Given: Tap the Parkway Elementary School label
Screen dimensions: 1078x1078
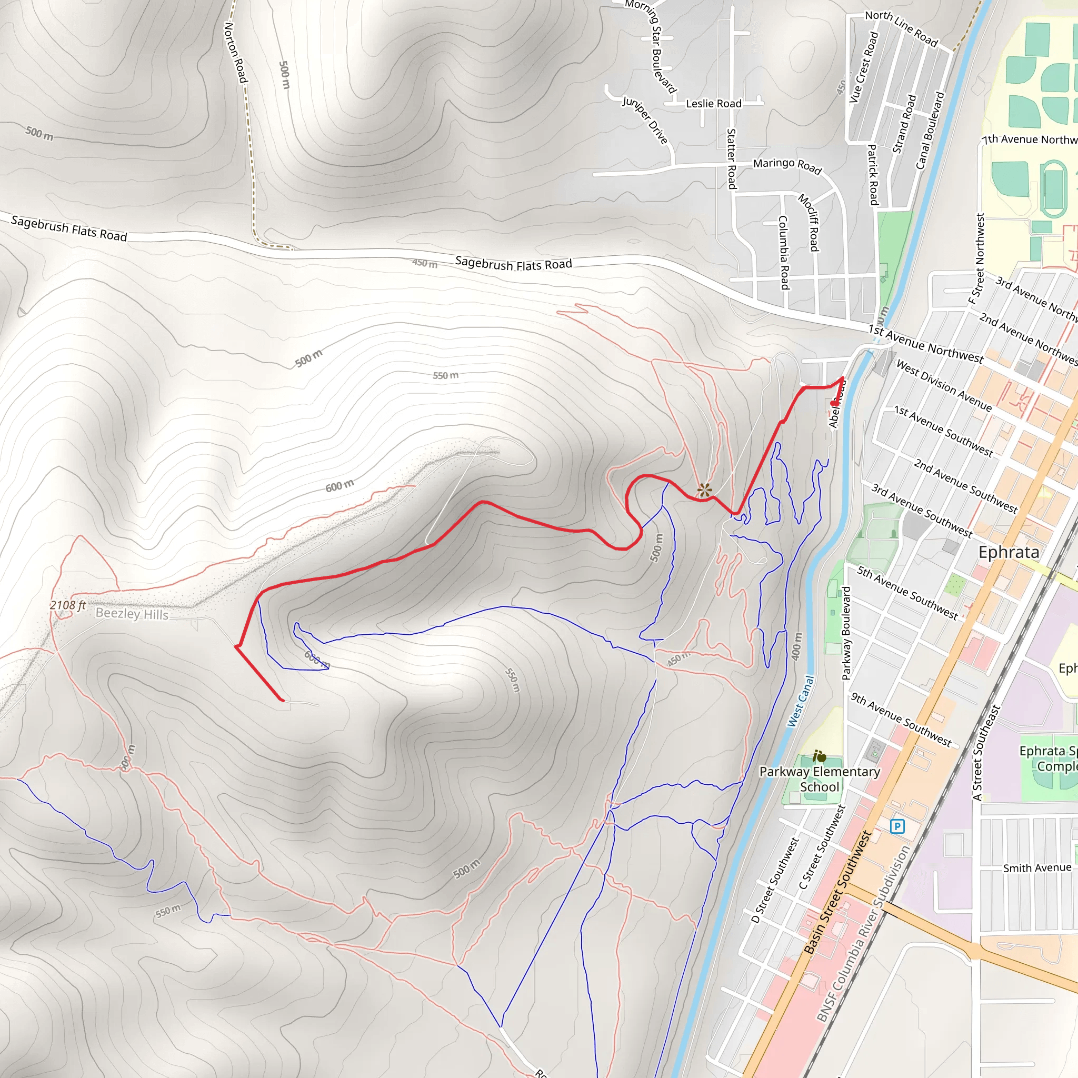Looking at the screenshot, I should [819, 779].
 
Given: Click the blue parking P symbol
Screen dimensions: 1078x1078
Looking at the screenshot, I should [896, 826].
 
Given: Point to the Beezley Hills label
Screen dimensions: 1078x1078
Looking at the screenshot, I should [132, 614].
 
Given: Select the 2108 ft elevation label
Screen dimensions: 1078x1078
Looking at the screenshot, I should [67, 605].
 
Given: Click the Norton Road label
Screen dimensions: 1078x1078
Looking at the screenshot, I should [235, 53].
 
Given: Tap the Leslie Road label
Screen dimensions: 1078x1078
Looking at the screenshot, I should [713, 104].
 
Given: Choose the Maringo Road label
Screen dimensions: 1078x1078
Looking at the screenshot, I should [787, 165].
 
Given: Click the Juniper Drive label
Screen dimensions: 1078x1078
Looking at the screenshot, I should [645, 120].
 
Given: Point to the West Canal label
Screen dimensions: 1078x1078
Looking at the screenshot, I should [801, 701].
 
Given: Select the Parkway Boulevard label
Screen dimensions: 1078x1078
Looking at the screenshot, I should [846, 633].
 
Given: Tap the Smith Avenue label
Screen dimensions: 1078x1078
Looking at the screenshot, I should [1037, 867].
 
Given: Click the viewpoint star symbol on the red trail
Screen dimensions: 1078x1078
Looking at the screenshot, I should [705, 491].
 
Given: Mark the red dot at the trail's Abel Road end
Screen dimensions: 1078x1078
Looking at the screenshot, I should [833, 403].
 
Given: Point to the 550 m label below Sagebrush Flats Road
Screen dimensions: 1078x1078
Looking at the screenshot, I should [445, 375].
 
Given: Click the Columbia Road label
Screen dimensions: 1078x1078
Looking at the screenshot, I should [783, 252].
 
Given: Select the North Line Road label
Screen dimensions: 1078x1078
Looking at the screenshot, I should [901, 28].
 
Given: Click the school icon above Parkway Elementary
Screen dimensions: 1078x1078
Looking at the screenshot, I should [819, 756].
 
